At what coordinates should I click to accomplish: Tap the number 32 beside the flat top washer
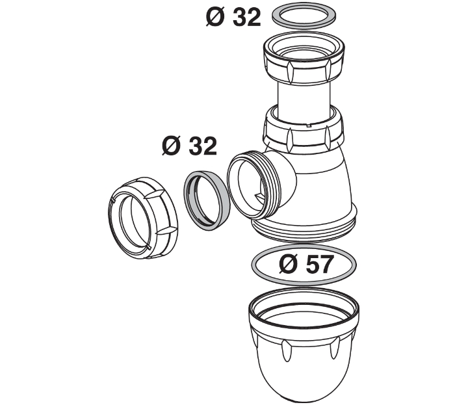248,18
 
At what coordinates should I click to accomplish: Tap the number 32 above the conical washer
203,146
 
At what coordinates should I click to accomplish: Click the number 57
318,265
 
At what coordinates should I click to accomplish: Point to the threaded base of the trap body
305,224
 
